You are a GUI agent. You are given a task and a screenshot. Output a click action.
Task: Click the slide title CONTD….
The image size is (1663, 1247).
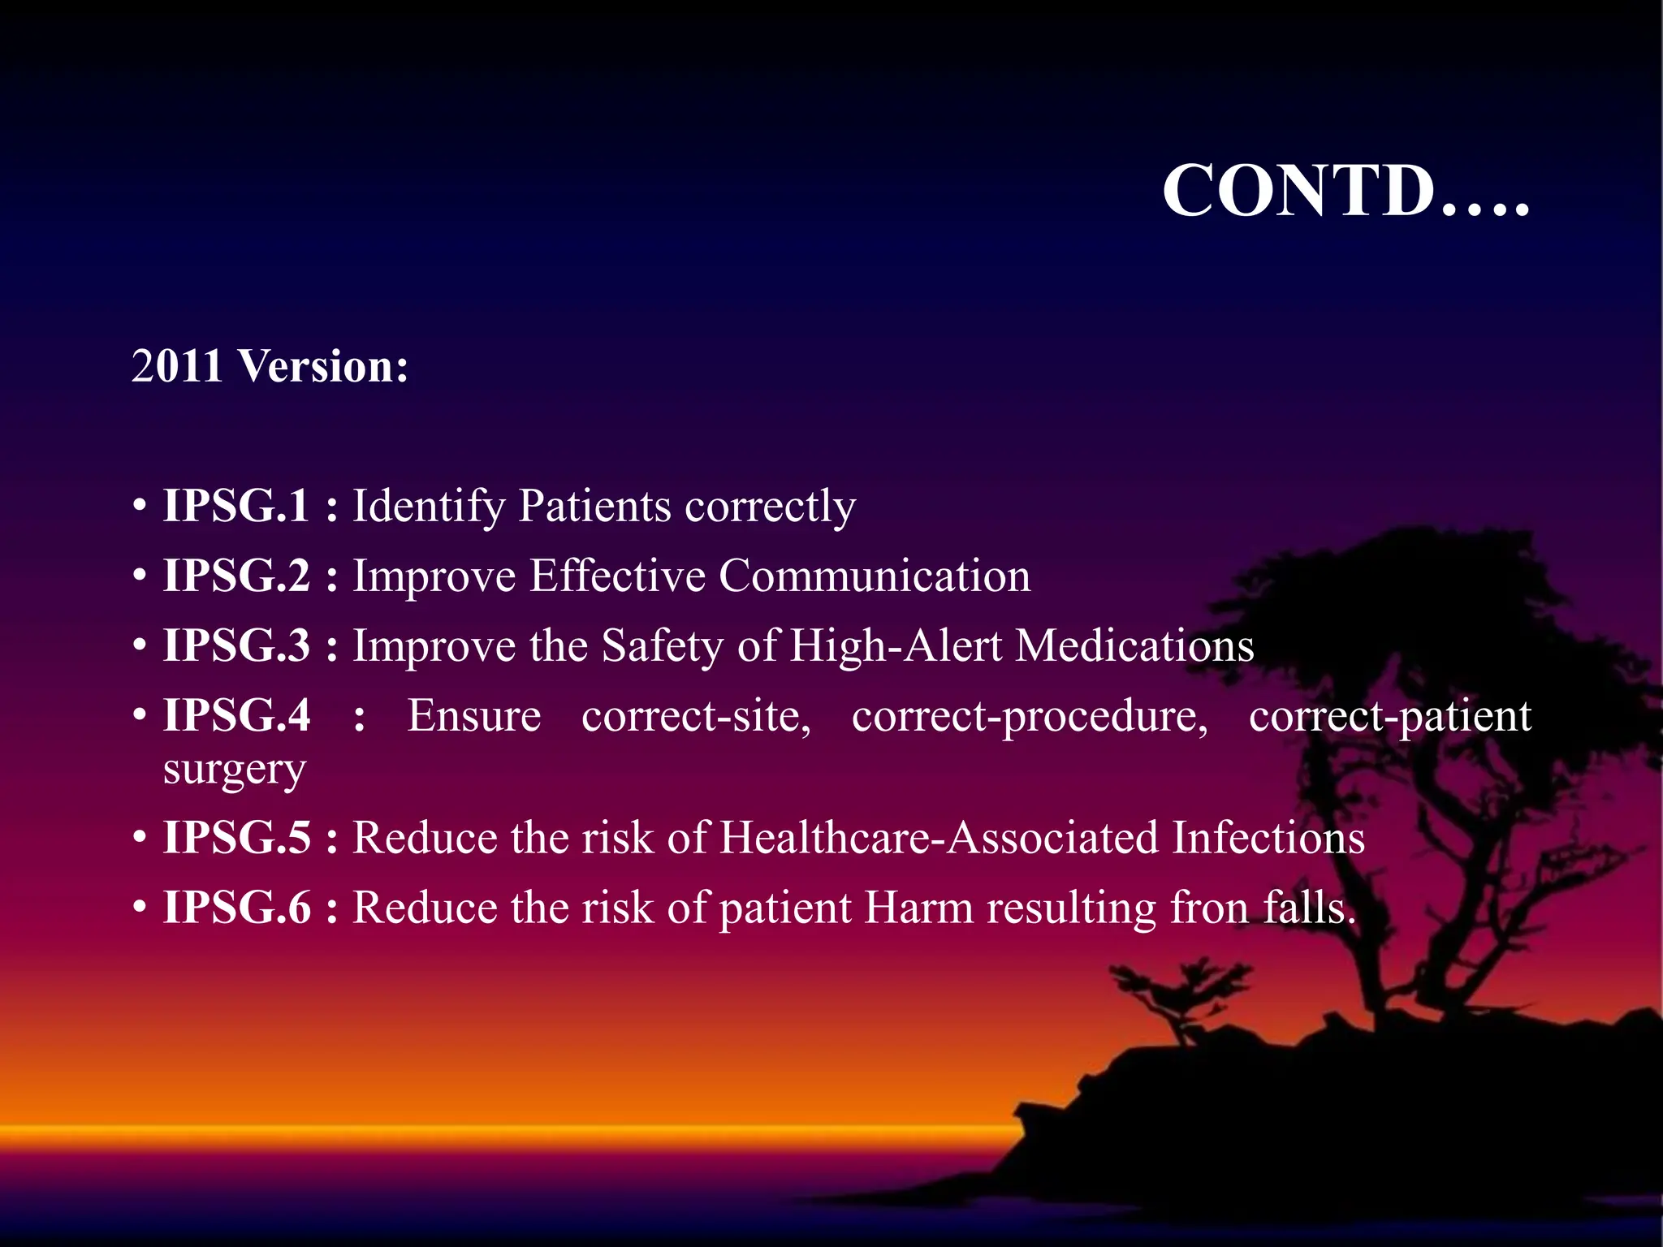[x=1345, y=191]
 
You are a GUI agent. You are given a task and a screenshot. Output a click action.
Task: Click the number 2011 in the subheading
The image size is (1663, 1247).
[x=176, y=366]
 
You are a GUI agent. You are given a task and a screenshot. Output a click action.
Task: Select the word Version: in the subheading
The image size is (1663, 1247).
[x=323, y=366]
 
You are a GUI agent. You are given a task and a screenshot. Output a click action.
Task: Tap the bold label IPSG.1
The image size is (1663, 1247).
[x=236, y=506]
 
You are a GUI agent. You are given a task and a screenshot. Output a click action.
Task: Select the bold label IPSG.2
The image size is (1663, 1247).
[x=236, y=576]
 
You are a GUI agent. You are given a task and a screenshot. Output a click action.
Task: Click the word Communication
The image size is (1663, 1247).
[x=874, y=576]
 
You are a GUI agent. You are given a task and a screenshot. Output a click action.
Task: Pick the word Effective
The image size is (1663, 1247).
[x=617, y=576]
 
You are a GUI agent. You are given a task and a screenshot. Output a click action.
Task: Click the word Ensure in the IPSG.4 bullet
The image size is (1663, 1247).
[x=474, y=715]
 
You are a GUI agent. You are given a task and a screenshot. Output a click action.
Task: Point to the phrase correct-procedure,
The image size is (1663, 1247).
[x=1030, y=717]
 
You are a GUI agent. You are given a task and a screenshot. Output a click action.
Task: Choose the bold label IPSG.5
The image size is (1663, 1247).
[x=236, y=837]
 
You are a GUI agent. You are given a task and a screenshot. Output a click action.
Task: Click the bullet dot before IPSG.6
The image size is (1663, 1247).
[x=140, y=907]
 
